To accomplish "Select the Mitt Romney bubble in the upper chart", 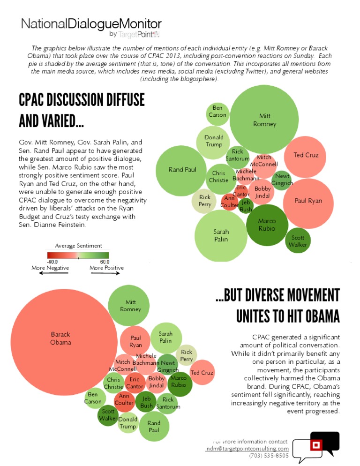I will (x=264, y=120).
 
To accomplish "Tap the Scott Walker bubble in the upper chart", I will (x=298, y=241).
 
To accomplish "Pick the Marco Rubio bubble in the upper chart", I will (x=267, y=225).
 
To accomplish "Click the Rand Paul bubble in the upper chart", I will (x=182, y=170).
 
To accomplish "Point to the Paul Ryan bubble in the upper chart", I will (x=308, y=201).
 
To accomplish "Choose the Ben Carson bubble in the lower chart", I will (x=93, y=398).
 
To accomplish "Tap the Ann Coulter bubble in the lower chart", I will (x=124, y=399).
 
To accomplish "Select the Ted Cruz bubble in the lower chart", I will (x=202, y=373).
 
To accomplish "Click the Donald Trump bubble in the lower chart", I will (x=127, y=423).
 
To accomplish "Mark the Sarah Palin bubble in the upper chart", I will (x=221, y=235).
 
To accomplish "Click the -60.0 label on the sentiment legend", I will (x=52, y=261).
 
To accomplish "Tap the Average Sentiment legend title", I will (x=78, y=246).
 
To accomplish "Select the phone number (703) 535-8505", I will (x=269, y=455).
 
